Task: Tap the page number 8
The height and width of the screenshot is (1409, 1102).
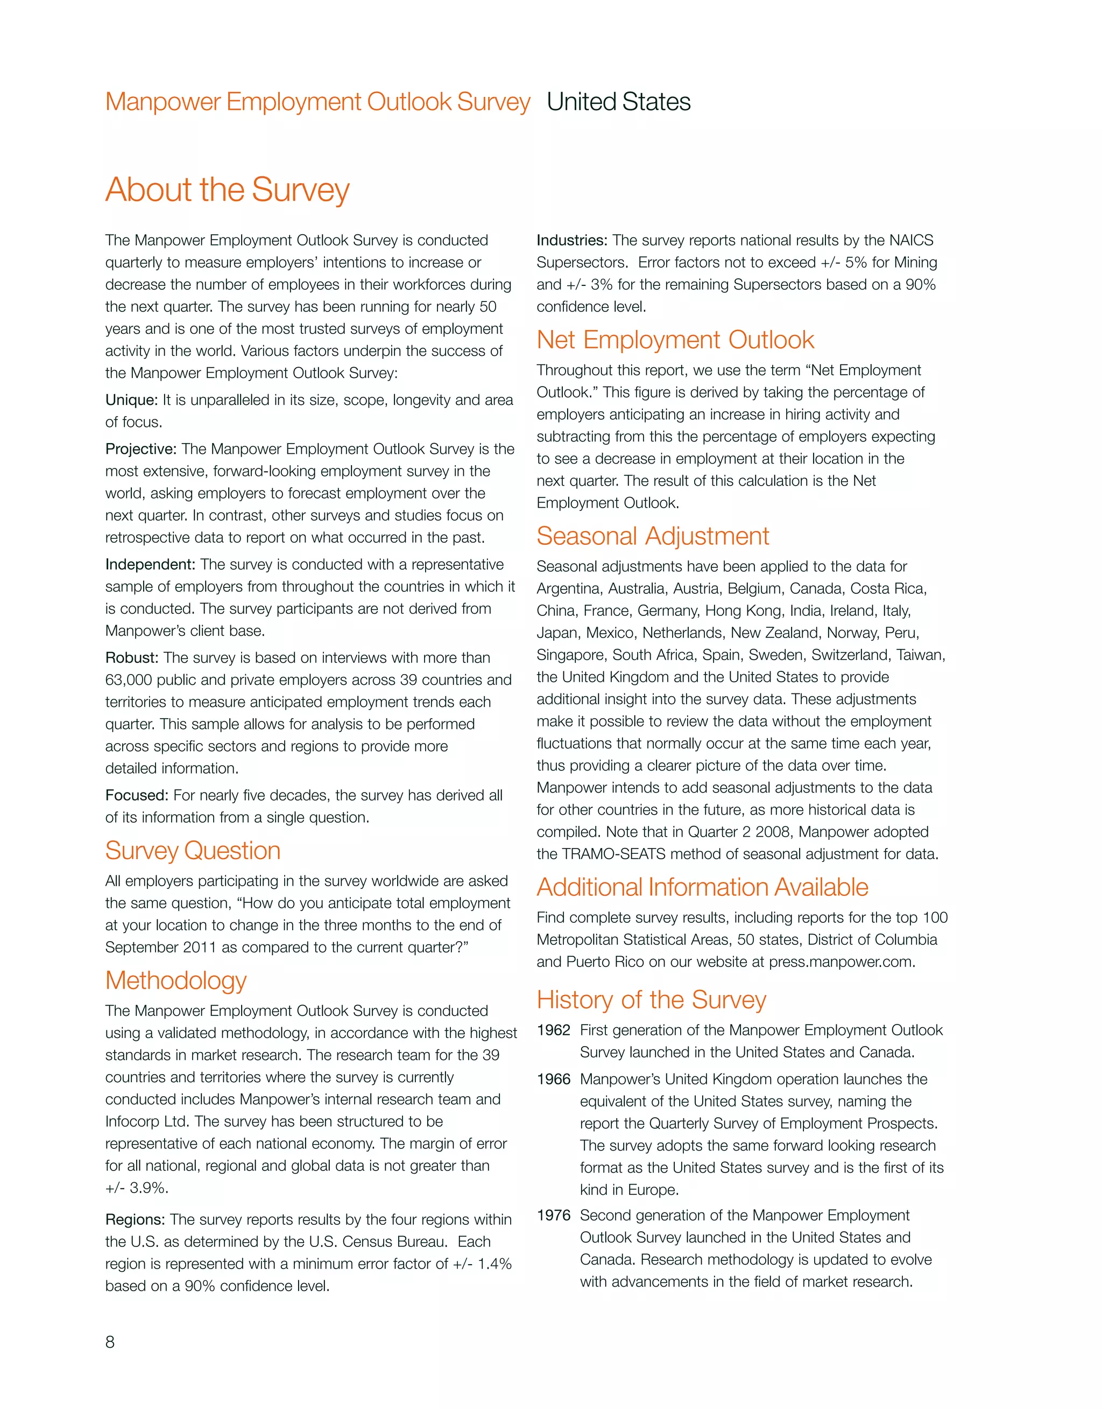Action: [110, 1342]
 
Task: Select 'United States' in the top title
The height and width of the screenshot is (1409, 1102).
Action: [618, 102]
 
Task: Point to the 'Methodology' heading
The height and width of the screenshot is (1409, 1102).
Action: [175, 980]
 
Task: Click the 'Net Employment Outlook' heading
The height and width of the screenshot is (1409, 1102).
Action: [675, 340]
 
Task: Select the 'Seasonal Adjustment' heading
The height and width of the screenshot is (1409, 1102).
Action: [652, 536]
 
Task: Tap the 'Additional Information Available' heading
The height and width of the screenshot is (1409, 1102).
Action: [702, 887]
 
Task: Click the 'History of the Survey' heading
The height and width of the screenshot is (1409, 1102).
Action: [651, 1000]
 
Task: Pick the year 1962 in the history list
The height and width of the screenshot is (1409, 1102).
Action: [553, 1030]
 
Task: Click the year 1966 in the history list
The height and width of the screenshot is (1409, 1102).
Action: [553, 1079]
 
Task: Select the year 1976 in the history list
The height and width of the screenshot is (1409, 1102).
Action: [553, 1215]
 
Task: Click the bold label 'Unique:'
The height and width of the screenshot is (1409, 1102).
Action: [131, 400]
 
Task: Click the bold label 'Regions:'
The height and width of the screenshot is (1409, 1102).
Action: [135, 1219]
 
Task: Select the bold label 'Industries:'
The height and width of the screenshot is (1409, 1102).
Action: [571, 240]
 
